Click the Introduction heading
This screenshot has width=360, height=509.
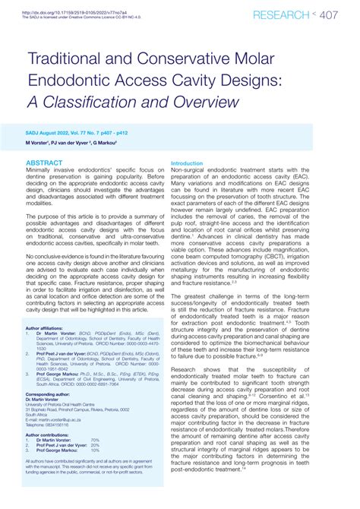click(x=187, y=163)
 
